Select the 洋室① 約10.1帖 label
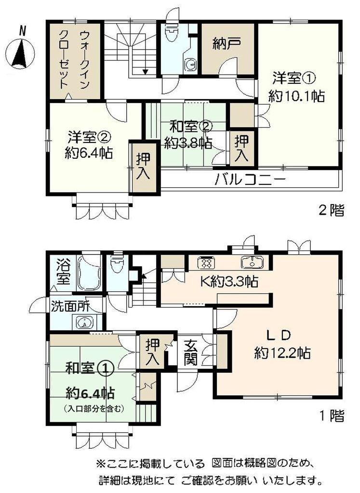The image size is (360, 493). (x=296, y=87)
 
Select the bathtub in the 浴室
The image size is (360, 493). (x=90, y=272)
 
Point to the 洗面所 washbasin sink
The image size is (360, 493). (x=84, y=322)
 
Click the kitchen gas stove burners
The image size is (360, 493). (x=207, y=262)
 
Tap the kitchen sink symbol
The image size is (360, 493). (x=253, y=262)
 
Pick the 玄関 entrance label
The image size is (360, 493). (x=191, y=351)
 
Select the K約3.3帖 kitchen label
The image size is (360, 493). (x=230, y=281)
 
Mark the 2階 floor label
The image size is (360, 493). (x=332, y=210)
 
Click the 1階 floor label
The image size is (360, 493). (x=332, y=416)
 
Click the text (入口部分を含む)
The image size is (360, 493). (x=94, y=409)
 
